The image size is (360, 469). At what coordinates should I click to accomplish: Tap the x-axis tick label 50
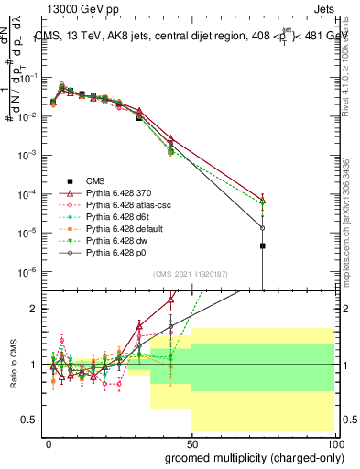tap(191, 442)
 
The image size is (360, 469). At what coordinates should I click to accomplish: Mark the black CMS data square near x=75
tap(262, 245)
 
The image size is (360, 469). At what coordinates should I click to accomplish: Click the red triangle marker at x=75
tap(262, 200)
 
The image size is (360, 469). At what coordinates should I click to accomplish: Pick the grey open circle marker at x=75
tap(262, 228)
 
